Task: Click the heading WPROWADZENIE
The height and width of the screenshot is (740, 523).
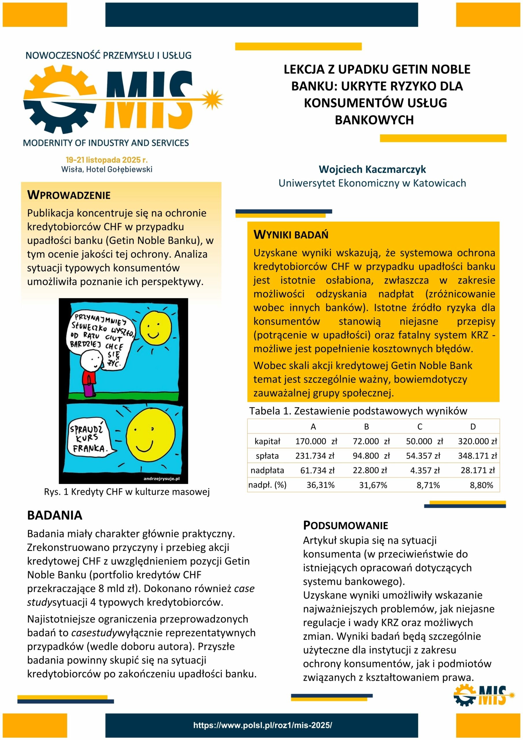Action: (69, 195)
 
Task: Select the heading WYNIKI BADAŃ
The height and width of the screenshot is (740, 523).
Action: (291, 235)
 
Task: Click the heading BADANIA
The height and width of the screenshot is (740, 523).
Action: (55, 515)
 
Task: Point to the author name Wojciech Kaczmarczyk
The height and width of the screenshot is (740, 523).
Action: (372, 169)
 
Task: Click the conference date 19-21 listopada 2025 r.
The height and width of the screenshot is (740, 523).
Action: (107, 160)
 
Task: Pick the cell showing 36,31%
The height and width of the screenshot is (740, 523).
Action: (320, 485)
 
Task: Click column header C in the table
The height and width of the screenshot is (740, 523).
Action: (420, 427)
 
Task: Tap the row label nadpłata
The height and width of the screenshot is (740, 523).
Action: (267, 471)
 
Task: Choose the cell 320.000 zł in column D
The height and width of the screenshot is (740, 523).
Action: (477, 441)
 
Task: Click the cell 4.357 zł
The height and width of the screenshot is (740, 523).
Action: (425, 471)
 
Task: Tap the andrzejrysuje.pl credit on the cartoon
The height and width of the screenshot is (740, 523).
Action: (161, 479)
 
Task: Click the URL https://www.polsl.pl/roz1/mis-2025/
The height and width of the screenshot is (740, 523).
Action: (262, 726)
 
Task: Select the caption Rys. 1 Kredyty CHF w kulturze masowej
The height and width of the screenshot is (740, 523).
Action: (127, 492)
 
